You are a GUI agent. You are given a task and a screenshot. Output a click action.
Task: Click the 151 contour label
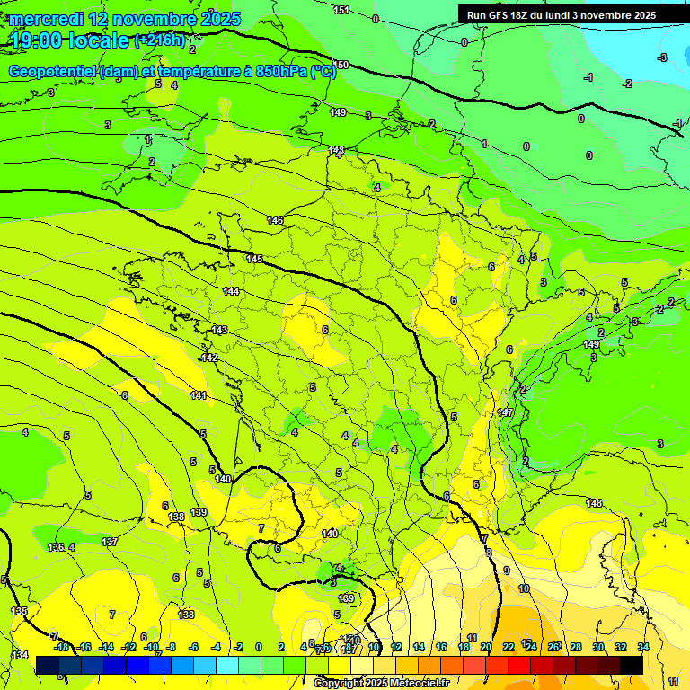point(341,10)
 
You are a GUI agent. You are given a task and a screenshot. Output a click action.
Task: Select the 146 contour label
point(275,220)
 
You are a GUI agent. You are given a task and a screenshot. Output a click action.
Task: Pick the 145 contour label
point(254,259)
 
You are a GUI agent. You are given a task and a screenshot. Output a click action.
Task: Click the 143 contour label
point(219,330)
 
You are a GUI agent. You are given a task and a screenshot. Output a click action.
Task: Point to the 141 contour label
point(199,395)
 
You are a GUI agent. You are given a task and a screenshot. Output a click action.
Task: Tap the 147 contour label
point(505,411)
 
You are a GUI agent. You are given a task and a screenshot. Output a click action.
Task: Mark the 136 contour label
point(56,546)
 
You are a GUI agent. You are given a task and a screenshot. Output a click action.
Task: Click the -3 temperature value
point(662,57)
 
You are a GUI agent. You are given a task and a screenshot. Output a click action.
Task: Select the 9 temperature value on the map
point(507,571)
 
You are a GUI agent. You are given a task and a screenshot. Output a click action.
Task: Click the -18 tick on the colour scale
point(61,647)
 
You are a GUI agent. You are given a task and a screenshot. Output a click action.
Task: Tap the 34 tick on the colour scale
point(643,647)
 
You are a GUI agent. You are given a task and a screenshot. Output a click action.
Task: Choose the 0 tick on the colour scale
point(258,647)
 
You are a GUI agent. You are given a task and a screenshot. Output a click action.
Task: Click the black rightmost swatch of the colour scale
point(632,665)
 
